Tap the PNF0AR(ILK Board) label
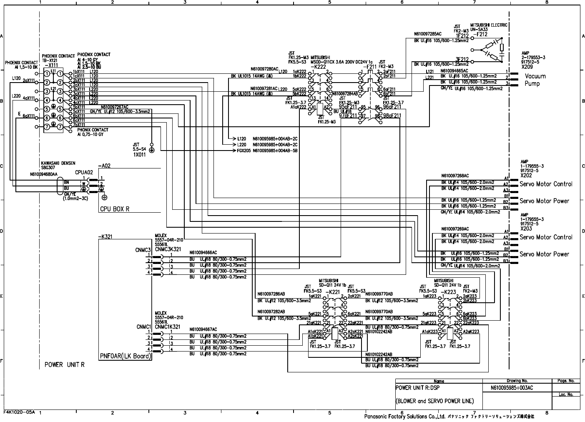[126, 356]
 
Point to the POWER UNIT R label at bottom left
[65, 364]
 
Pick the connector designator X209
[527, 66]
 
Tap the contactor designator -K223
[448, 292]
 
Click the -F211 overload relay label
[370, 66]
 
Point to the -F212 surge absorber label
[481, 35]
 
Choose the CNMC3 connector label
[143, 250]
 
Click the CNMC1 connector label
[143, 327]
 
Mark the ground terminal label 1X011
[140, 154]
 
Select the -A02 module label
[104, 166]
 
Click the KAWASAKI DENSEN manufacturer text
[58, 163]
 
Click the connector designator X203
[526, 229]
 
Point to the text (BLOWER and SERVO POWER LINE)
[434, 401]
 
